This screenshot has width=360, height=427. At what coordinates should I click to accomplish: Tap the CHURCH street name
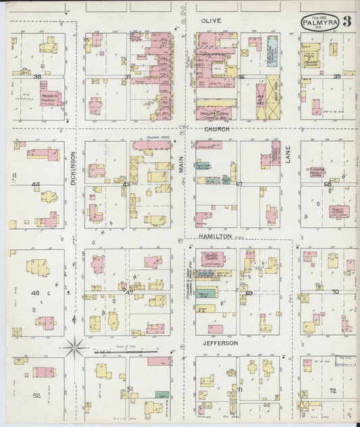217,128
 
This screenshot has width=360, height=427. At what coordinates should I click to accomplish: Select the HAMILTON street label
215,236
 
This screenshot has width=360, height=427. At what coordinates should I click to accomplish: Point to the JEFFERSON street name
219,343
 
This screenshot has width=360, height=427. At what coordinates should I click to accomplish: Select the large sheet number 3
346,21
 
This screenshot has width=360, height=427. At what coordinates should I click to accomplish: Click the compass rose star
74,348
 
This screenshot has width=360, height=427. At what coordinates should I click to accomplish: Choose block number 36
240,77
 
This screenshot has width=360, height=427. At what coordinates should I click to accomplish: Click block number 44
35,184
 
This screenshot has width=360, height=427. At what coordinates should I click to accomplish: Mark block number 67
239,184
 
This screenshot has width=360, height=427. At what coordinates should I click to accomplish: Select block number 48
35,293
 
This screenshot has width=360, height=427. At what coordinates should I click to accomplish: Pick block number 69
249,293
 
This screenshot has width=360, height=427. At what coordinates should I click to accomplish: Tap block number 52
36,395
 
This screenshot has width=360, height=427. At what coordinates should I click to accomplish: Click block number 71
239,390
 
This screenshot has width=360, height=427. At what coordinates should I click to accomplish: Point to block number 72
332,391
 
